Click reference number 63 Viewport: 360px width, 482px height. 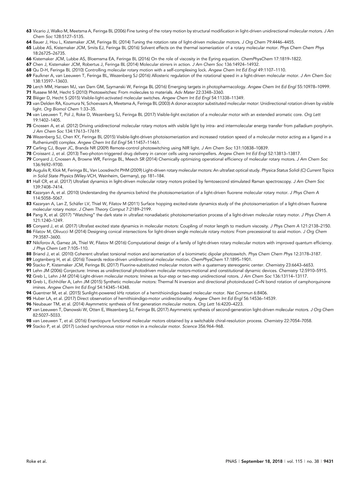pyautogui.click(x=29, y=31)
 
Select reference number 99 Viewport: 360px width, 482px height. pyautogui.click(x=29, y=326)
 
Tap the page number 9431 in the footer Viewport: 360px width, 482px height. pyautogui.click(x=329, y=461)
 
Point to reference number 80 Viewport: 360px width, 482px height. pyautogui.click(x=29, y=170)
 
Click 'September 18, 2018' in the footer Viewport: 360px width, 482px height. pyautogui.click(x=262, y=461)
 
